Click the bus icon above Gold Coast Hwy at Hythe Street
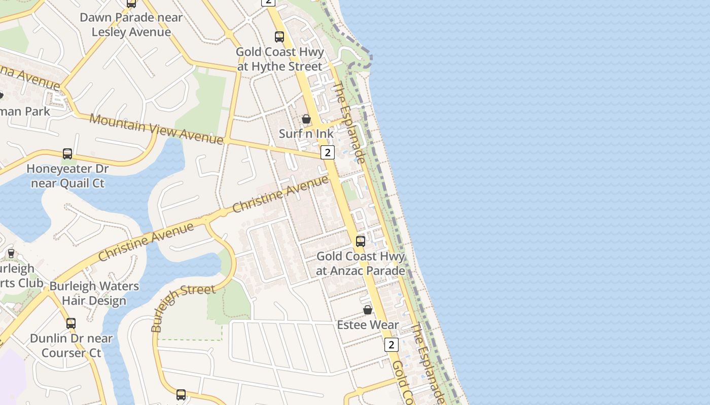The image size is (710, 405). [x=279, y=36]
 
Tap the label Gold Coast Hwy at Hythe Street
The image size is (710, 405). [x=279, y=59]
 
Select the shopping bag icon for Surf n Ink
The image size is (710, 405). [x=306, y=119]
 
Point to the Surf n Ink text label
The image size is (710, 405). [x=306, y=134]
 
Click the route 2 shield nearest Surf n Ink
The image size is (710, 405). [x=328, y=152]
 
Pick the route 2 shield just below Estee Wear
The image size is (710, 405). [x=391, y=345]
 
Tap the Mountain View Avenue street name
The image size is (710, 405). [x=156, y=129]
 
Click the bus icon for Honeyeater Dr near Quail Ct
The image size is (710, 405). [x=67, y=153]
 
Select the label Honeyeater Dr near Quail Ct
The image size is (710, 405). [x=67, y=176]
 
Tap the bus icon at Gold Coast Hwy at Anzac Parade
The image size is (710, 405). [x=361, y=241]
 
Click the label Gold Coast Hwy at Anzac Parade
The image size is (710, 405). [x=361, y=263]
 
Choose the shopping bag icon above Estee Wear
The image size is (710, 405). [x=368, y=310]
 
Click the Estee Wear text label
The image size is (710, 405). [x=368, y=325]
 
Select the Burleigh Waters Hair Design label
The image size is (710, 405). [x=94, y=293]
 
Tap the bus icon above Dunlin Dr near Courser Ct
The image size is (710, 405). [x=71, y=323]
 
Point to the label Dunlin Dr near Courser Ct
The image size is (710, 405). [x=71, y=345]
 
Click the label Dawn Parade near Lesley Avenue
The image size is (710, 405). [x=131, y=25]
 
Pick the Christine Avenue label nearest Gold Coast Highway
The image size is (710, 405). [x=280, y=194]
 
